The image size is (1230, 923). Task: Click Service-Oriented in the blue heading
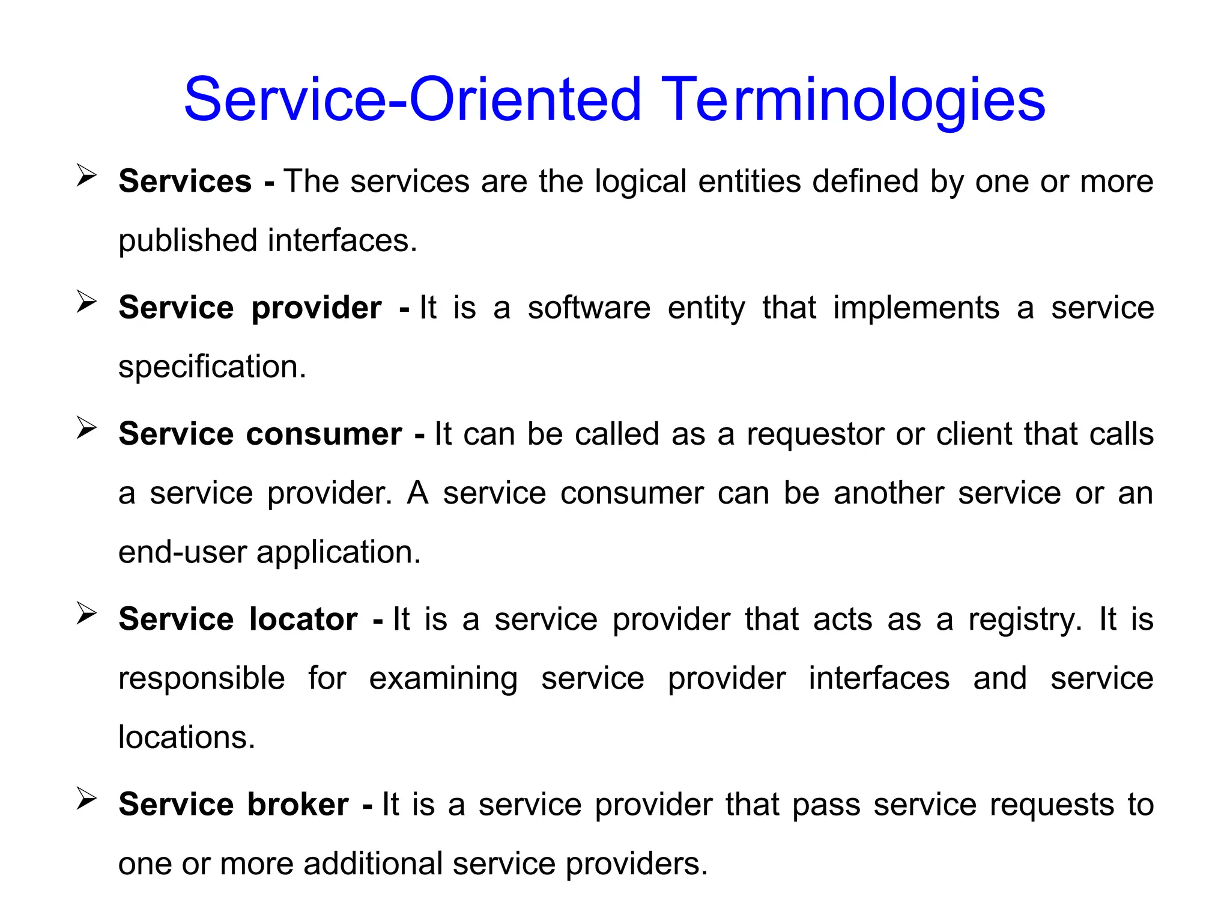tap(413, 100)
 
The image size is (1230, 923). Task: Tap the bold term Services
tap(185, 181)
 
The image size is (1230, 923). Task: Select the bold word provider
tap(317, 308)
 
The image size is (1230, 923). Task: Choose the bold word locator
tap(303, 619)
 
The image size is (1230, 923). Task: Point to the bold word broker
tap(298, 804)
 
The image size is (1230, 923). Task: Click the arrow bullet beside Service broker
tap(86, 799)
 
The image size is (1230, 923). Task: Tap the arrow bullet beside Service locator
tap(86, 614)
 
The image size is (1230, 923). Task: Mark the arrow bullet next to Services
tap(86, 176)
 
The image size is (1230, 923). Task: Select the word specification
tap(212, 367)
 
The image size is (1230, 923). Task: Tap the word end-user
tap(183, 552)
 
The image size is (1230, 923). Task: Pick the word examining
tap(443, 679)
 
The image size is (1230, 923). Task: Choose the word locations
tap(187, 737)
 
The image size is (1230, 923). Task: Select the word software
tap(589, 308)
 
